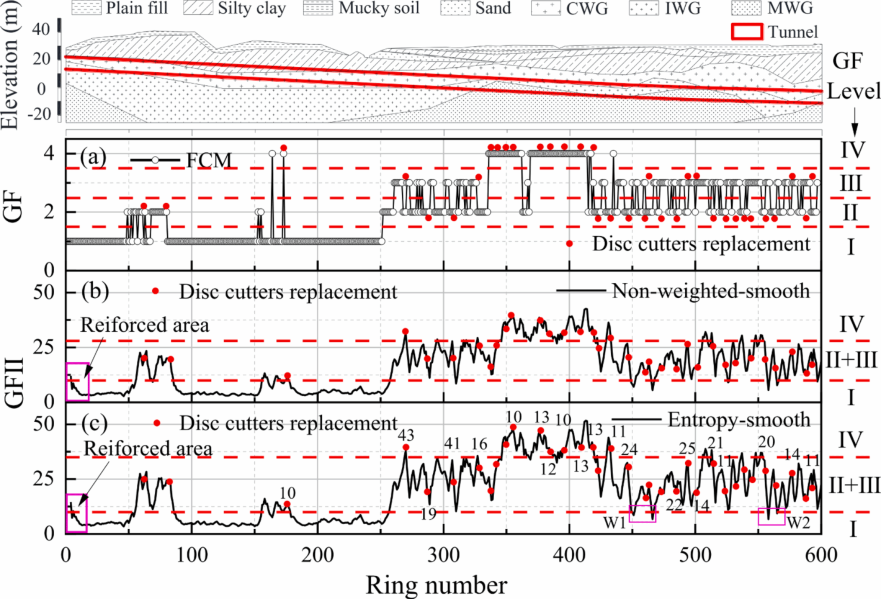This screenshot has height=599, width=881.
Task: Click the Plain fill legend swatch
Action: pos(86,8)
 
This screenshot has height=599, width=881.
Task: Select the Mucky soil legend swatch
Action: pos(317,8)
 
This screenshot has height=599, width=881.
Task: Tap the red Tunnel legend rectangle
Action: pos(747,31)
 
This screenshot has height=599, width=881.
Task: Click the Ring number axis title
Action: pos(436,585)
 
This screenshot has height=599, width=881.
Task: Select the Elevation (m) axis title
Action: pos(9,65)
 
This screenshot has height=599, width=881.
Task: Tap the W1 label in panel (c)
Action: pos(614,522)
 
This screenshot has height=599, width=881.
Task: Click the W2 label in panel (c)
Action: pos(798,522)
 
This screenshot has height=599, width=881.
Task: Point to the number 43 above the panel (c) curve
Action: pos(406,435)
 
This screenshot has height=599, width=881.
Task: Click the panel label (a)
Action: pos(93,157)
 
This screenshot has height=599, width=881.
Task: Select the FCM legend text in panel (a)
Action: pos(209,161)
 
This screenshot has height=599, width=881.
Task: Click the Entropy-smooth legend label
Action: pos(739,420)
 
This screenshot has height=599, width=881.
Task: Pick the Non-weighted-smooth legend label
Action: pos(711,291)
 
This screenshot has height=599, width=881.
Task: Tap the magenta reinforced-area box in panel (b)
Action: pos(78,382)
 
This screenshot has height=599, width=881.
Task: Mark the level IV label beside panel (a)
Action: pos(852,149)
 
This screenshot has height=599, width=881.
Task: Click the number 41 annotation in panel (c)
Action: pos(452,443)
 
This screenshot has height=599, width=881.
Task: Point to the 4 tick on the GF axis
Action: pos(50,153)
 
